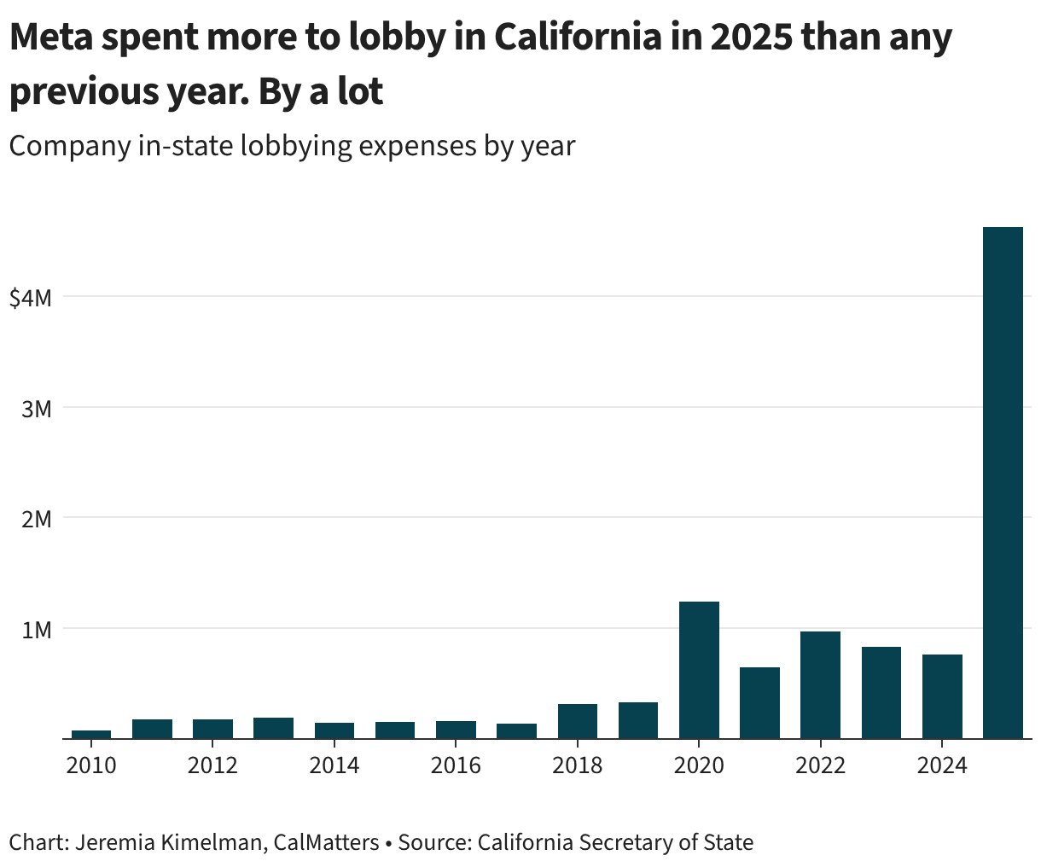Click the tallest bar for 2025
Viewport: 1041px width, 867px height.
pyautogui.click(x=1003, y=482)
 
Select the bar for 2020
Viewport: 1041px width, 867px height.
pyautogui.click(x=699, y=670)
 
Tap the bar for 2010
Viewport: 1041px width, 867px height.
pyautogui.click(x=91, y=734)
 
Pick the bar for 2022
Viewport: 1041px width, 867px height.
pyautogui.click(x=820, y=684)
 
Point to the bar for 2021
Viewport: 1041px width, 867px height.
pyautogui.click(x=759, y=702)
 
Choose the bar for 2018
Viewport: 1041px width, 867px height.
pyautogui.click(x=578, y=721)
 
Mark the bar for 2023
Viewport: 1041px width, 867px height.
pyautogui.click(x=881, y=692)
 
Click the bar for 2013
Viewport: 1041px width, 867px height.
pyautogui.click(x=273, y=728)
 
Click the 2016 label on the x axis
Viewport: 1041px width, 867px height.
pyautogui.click(x=456, y=765)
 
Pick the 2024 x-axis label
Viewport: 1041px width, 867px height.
pyautogui.click(x=942, y=765)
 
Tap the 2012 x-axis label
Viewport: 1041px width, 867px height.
pyautogui.click(x=212, y=765)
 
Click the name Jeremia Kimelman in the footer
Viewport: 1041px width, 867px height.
pyautogui.click(x=154, y=843)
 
